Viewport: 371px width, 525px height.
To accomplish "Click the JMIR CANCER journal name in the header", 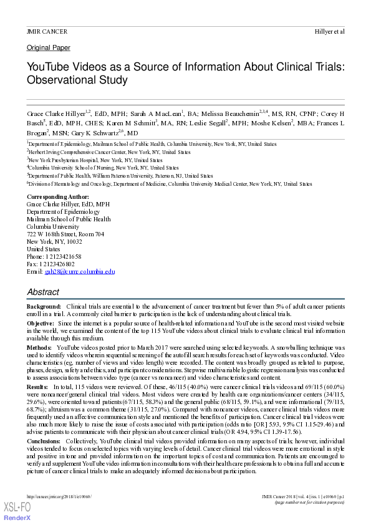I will click(47, 31).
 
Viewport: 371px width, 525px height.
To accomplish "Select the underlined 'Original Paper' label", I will click(48, 48).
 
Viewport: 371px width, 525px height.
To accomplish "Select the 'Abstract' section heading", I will click(43, 292).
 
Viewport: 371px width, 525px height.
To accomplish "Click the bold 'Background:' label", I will click(44, 307).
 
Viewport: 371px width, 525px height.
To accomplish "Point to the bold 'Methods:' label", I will click(39, 345).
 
